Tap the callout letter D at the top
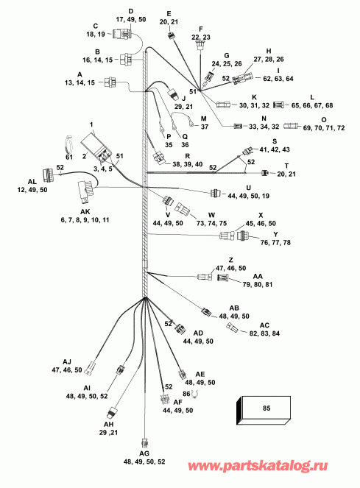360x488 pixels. point(131,11)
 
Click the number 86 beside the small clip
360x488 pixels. point(186,395)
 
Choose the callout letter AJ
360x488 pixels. point(67,362)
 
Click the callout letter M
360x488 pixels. point(204,116)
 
